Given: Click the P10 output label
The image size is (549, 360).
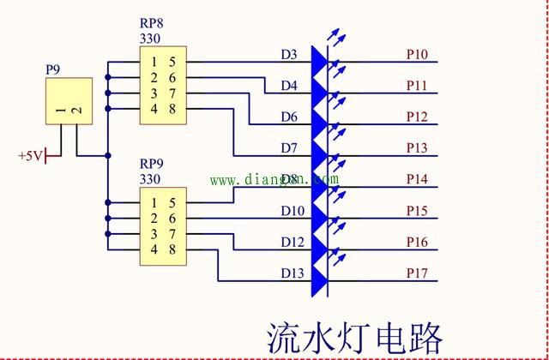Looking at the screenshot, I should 417,55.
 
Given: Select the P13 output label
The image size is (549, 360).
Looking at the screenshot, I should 417,148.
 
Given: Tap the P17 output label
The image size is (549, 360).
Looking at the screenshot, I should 417,273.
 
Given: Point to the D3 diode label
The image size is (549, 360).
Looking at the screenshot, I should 289,55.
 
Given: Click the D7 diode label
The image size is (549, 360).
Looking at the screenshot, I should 289,148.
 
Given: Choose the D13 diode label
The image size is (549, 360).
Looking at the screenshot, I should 292,273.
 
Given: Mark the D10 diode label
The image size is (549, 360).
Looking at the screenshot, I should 292,211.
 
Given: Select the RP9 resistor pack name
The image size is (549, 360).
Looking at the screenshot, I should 153,165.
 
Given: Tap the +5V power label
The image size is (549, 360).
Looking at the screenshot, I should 29,156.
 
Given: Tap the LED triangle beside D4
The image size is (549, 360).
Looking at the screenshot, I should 320,86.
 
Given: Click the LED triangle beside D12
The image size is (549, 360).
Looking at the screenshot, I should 320,242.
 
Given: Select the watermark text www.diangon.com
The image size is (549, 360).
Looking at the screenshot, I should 274,180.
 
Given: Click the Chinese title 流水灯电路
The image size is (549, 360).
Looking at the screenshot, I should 353,337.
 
